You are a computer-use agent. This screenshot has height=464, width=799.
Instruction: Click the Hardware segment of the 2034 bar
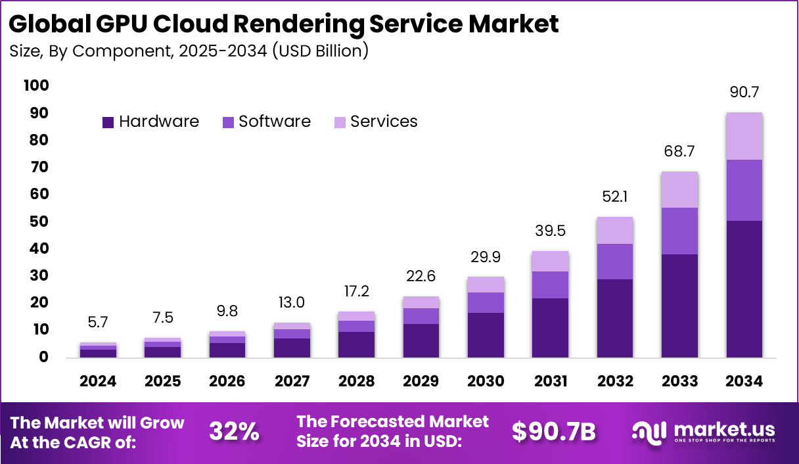(x=744, y=289)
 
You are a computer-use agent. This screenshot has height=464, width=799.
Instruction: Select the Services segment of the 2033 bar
(x=679, y=190)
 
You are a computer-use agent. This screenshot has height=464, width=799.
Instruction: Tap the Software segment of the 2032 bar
(x=615, y=262)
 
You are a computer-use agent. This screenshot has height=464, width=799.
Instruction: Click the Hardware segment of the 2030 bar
(x=486, y=335)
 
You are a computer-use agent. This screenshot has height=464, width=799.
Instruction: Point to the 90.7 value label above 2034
(x=744, y=92)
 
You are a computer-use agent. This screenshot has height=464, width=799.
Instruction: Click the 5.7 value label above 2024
(x=99, y=323)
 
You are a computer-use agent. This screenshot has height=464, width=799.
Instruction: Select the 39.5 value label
(x=550, y=231)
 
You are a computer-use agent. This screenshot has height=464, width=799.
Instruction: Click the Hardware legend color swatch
(x=108, y=122)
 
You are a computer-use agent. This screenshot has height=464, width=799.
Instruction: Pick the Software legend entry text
(x=274, y=122)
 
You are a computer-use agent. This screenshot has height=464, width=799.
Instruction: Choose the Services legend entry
(x=383, y=122)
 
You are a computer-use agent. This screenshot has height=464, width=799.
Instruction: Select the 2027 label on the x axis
(x=292, y=382)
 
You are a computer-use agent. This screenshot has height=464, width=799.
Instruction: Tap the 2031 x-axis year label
(x=550, y=382)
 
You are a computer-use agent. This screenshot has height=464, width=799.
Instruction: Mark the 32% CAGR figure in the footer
(x=234, y=432)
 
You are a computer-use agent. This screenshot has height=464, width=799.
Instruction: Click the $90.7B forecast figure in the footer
(x=554, y=432)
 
